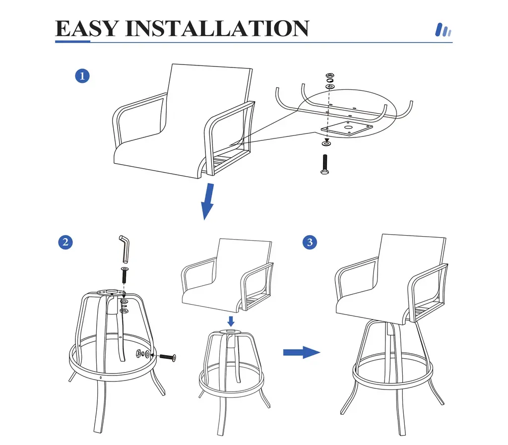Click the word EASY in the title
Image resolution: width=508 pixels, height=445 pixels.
[86, 28]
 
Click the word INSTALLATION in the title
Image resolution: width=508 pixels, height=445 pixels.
[217, 28]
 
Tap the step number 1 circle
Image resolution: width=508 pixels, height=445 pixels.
[82, 76]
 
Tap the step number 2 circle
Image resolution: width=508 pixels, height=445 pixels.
[65, 242]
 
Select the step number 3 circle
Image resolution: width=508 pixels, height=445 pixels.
[310, 242]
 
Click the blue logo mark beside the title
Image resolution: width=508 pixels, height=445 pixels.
[443, 30]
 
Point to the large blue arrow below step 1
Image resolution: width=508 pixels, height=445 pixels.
[207, 201]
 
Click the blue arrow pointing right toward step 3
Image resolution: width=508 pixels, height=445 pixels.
[302, 352]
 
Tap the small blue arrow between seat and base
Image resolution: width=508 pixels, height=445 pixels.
[231, 321]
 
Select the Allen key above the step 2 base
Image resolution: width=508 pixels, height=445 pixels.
[125, 249]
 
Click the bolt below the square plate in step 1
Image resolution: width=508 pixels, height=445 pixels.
[324, 164]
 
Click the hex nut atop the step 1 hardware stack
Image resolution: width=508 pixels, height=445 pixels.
[330, 75]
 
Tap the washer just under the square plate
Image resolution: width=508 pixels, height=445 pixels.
[326, 143]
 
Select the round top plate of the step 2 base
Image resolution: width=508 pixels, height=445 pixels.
[111, 293]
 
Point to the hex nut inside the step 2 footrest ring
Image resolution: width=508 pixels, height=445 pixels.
[138, 353]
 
